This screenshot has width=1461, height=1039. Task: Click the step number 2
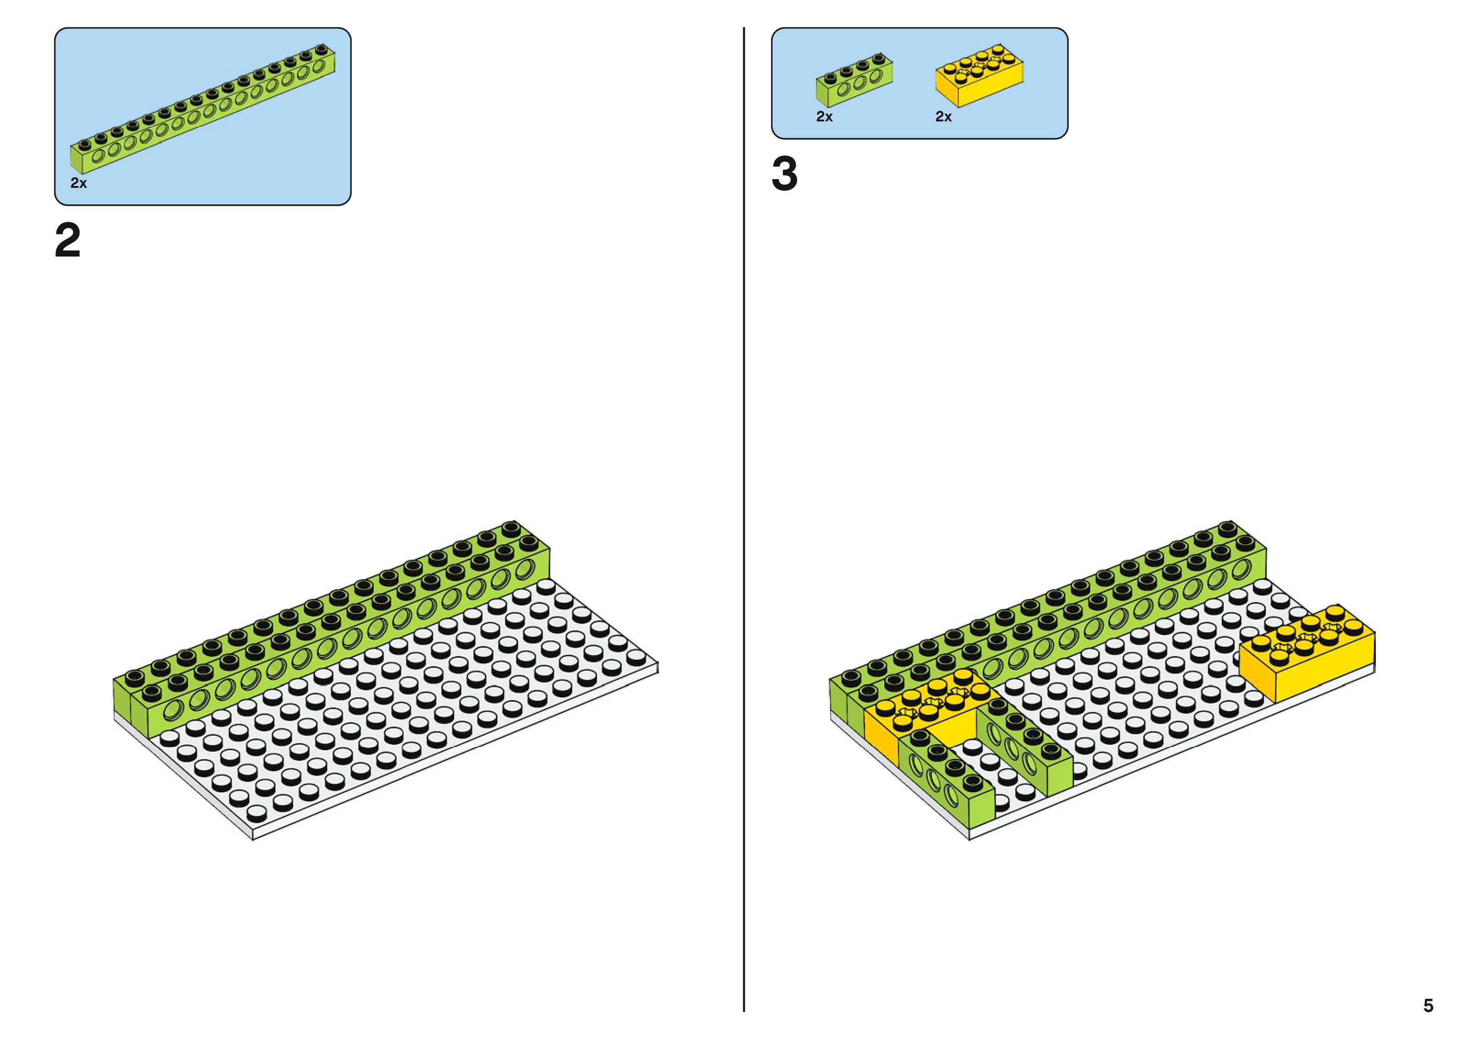point(68,241)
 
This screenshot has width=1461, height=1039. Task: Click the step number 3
point(784,174)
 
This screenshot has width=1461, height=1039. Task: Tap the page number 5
point(1428,1005)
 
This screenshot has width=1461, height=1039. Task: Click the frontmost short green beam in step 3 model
point(947,777)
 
